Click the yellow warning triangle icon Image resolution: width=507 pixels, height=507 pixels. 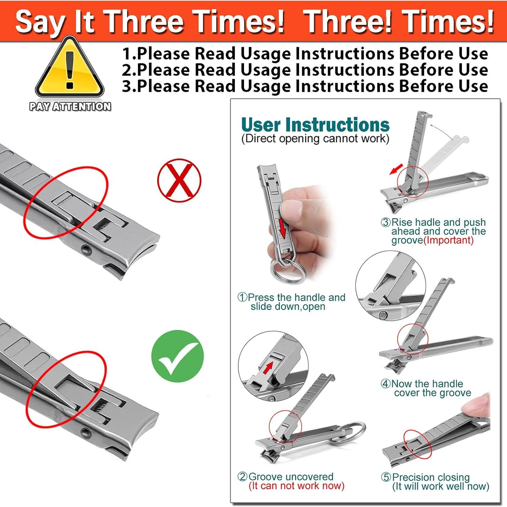point(70,68)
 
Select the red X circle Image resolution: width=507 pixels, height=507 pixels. point(179,180)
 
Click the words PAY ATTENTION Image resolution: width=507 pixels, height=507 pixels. point(70,106)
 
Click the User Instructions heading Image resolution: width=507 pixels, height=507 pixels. point(315,124)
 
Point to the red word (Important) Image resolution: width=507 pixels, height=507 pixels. point(449,240)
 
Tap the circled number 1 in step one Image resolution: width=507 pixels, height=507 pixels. point(242,297)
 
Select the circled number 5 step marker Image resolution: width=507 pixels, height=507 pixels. point(386,477)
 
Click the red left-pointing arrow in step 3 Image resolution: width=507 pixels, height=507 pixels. point(396,169)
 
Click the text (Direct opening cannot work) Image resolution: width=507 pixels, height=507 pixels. point(315,139)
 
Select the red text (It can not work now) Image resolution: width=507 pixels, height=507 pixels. point(296,486)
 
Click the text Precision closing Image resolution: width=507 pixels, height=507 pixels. point(431,477)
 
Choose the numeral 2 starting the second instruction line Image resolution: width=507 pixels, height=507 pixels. point(127,70)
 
